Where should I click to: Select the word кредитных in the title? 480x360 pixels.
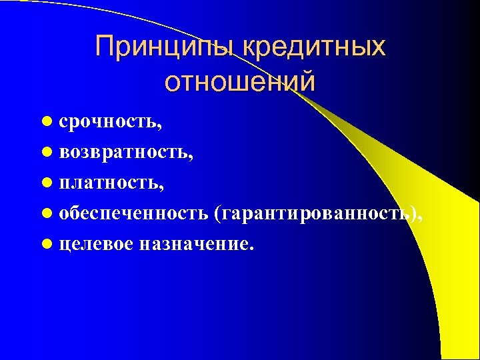(x=314, y=47)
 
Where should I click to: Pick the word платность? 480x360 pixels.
(x=108, y=183)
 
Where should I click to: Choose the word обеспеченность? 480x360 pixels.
(x=134, y=213)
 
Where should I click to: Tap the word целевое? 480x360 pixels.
(x=96, y=243)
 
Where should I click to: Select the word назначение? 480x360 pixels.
(x=194, y=243)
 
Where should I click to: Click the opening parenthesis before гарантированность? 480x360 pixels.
(x=217, y=213)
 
